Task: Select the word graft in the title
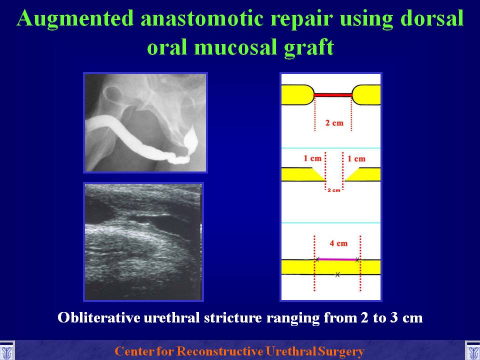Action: tap(309, 47)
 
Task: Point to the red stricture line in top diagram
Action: tap(333, 95)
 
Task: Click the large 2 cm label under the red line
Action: tap(334, 123)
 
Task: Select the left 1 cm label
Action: tap(312, 158)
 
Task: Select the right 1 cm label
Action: tap(356, 158)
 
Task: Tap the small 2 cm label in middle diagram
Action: tap(333, 190)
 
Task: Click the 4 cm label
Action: tap(338, 243)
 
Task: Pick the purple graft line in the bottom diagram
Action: tap(337, 259)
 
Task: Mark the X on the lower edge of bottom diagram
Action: tap(337, 274)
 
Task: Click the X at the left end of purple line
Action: tap(317, 259)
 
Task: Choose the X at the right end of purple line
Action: tap(357, 260)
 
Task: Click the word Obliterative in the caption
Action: tap(99, 317)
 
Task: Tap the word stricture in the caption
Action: tap(233, 317)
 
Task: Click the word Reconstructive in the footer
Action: tap(220, 351)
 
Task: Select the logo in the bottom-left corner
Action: tap(6, 351)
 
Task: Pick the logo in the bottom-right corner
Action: tap(472, 351)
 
